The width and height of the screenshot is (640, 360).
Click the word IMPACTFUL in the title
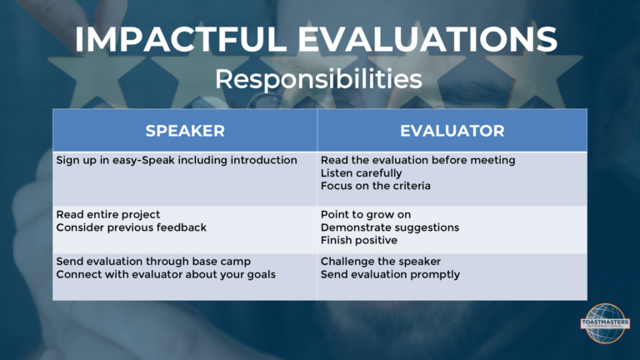pos(180,40)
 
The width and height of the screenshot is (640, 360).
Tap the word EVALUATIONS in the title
pos(427,40)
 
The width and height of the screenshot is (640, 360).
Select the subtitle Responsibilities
pos(318,79)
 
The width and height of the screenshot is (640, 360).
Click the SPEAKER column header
pos(185,131)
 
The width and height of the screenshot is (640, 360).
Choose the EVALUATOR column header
pos(452,131)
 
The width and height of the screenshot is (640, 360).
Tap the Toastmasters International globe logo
pos(605,323)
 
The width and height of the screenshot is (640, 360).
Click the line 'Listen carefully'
pos(361,173)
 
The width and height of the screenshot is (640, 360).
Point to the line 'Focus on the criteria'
pos(376,186)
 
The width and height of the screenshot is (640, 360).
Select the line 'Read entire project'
pos(107,215)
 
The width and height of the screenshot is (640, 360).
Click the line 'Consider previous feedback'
pos(131,227)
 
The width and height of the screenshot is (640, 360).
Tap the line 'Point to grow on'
pos(366,215)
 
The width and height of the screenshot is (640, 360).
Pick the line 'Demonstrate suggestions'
pos(390,227)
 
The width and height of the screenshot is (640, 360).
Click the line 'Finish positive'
pos(359,240)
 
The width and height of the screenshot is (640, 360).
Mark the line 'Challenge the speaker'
pos(380,261)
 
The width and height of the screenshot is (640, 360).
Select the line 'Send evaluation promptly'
pos(390,274)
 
